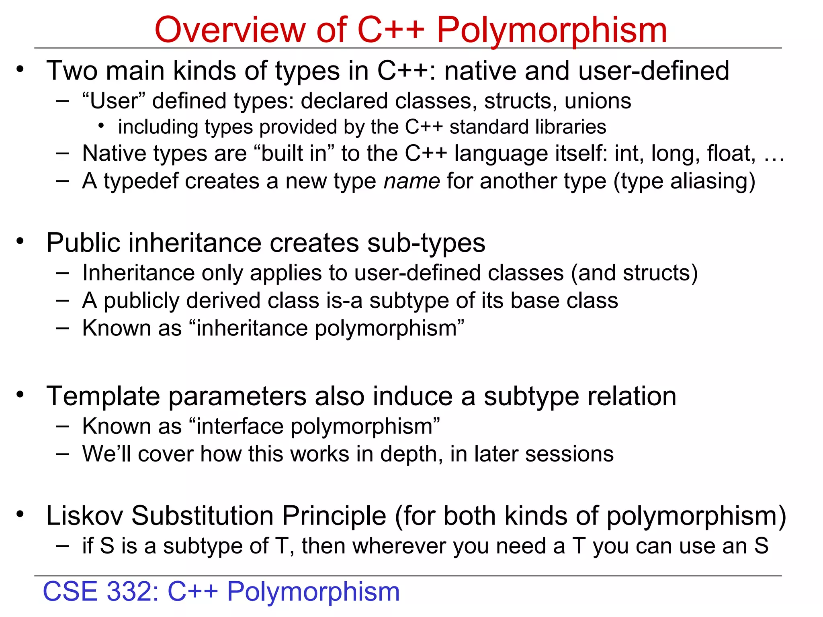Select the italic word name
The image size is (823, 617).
click(x=411, y=181)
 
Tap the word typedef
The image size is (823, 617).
click(x=141, y=182)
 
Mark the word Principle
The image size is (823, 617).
click(x=334, y=516)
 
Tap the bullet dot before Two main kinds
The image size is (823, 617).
click(x=20, y=69)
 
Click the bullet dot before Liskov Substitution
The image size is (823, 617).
click(x=20, y=514)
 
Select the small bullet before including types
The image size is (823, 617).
click(x=101, y=127)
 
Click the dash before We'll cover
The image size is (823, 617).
click(x=63, y=454)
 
